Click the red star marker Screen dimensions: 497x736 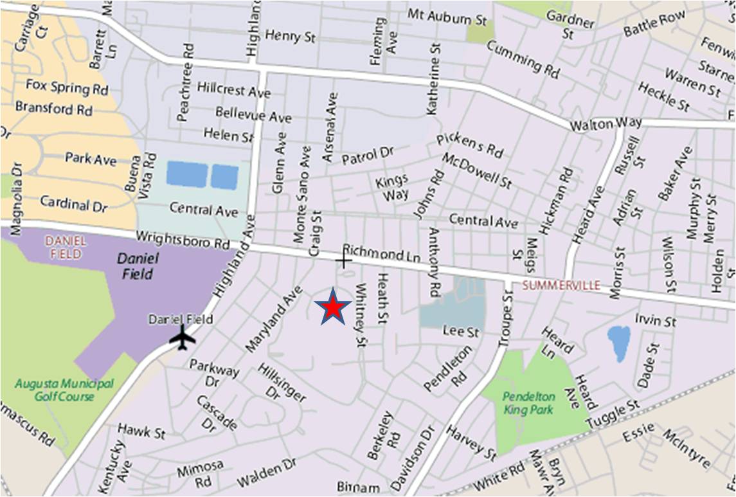pos(332,308)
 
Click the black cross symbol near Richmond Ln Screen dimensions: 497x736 pos(344,260)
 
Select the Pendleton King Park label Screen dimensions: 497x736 pos(528,402)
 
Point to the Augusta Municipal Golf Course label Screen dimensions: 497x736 pos(55,390)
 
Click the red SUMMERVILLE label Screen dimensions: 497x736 pos(561,285)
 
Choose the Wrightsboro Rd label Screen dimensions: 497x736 pos(183,240)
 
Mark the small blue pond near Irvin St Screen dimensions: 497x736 pos(618,343)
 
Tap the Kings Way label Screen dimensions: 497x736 pos(391,187)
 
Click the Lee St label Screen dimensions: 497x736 pos(461,332)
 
